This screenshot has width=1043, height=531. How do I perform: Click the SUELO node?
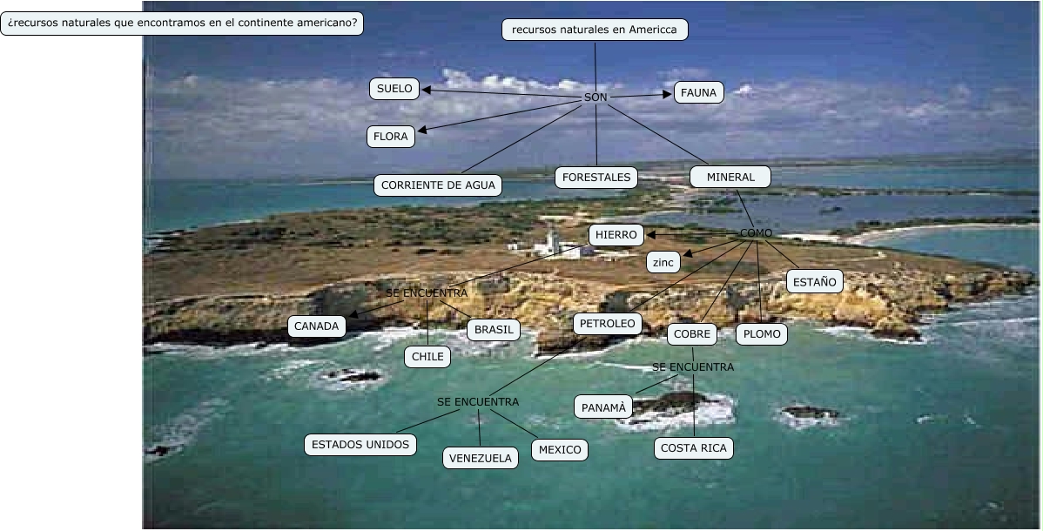point(394,89)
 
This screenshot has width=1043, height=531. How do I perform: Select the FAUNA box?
point(698,92)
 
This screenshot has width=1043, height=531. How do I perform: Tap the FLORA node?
point(391,137)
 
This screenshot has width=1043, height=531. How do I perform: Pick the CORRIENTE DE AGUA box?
point(438,185)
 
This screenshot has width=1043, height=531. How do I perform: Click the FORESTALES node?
point(596,178)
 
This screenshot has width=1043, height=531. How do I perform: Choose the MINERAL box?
point(730,178)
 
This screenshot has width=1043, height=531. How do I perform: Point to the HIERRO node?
point(616,235)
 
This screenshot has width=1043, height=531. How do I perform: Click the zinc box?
point(663,262)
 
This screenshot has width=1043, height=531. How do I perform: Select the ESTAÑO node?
point(814,281)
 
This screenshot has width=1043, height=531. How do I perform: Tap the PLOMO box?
point(762,334)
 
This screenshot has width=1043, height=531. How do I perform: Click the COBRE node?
point(692,334)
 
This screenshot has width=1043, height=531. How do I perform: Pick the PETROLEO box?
point(609,325)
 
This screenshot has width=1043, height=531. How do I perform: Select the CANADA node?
point(317,326)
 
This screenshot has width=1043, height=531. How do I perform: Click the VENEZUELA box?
point(481,458)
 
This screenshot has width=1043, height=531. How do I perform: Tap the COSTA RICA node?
point(694,448)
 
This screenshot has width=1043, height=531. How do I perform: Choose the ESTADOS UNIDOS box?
point(360,445)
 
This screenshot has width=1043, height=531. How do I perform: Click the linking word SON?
point(596,97)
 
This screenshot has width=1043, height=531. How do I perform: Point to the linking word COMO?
point(756,233)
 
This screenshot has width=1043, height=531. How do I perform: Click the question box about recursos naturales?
point(182,24)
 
